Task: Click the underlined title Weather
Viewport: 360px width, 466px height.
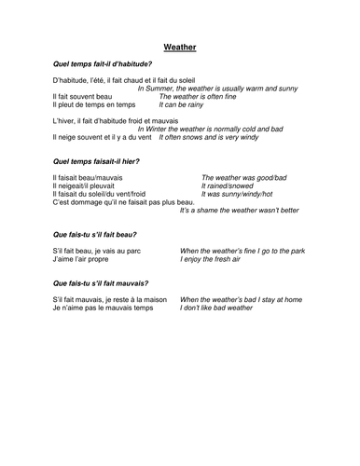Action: (179, 45)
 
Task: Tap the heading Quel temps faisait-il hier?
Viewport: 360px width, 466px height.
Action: (97, 162)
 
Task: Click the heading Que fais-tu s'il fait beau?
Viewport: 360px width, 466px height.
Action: (96, 235)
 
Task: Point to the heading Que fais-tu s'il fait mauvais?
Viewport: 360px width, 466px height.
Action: (102, 281)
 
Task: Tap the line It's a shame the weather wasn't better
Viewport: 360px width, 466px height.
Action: (239, 211)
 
